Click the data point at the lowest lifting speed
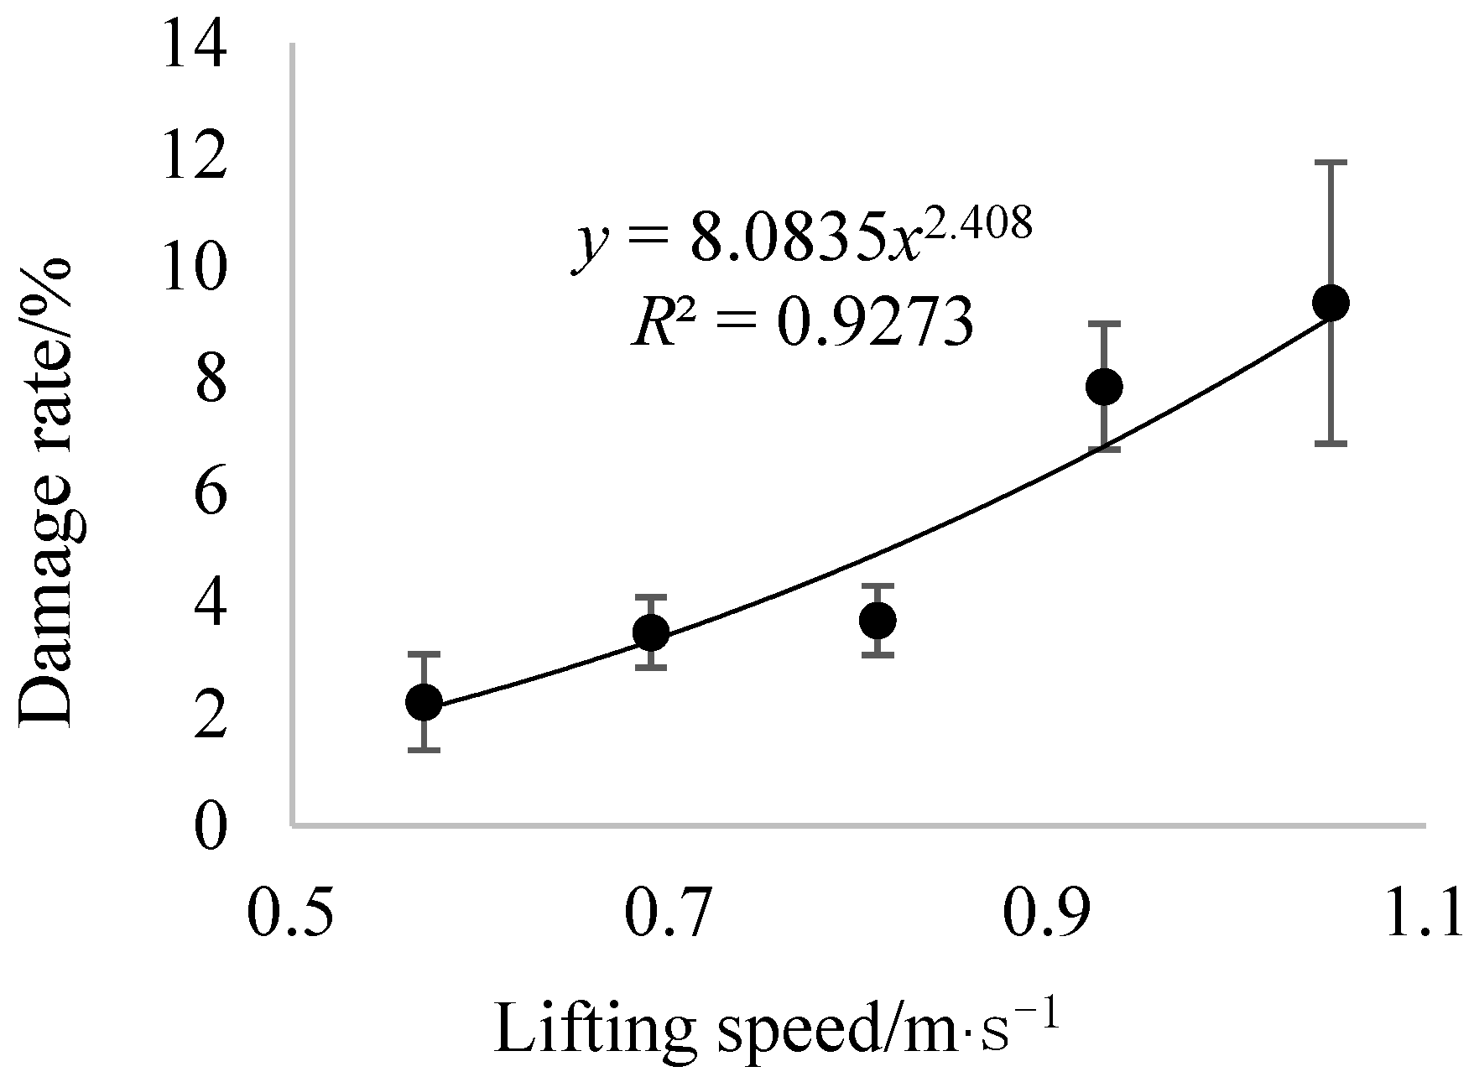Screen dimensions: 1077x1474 424,702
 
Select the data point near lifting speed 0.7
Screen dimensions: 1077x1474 651,632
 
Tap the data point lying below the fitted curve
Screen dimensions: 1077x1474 878,620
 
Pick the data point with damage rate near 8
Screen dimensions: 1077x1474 1104,386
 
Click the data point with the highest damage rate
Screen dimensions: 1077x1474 1331,303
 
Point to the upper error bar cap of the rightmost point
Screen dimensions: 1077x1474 1331,163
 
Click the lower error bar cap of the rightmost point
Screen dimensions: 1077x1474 1331,443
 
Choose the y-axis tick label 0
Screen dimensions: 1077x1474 210,827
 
